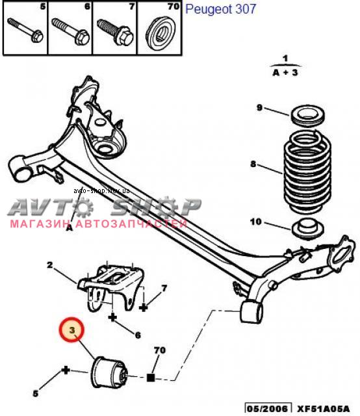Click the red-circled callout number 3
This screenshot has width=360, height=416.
71,330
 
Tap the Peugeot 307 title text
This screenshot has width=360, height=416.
220,9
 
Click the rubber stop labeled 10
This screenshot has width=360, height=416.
307,229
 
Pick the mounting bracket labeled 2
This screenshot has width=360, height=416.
111,287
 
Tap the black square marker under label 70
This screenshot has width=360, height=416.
151,377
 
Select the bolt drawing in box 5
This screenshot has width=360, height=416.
25,30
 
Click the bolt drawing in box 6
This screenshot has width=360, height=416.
70,31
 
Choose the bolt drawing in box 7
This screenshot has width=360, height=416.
115,32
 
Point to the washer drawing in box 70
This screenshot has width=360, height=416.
161,33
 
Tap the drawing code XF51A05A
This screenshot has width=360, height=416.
323,409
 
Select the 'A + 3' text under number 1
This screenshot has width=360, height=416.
285,72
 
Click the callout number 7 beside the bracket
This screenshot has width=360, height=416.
164,288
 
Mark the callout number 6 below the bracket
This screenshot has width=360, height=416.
138,335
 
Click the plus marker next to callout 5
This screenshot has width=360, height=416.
66,370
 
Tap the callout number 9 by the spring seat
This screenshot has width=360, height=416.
260,108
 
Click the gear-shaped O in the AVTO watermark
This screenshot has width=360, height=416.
83,207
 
